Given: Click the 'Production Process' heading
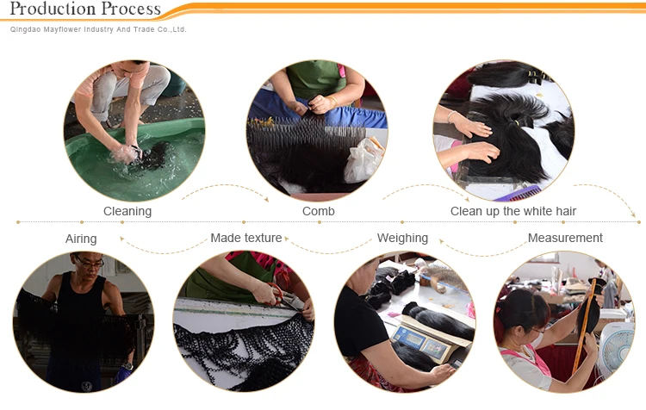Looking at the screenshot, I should pos(85,9).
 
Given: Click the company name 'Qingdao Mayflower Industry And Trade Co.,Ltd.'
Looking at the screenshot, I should pos(98,29).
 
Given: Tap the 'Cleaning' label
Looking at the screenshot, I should pos(127,211).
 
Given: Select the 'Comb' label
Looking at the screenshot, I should pos(318,211).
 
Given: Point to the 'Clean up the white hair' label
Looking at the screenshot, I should pos(513,211).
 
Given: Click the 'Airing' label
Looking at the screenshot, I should pos(81,239).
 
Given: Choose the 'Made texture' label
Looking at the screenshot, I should pos(245,238).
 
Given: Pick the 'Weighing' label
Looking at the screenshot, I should pos(402,238).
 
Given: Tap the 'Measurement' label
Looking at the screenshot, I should pos(565,238).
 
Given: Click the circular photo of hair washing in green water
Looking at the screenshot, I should pos(134,130).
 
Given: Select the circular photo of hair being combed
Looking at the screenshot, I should pos(317,130).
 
